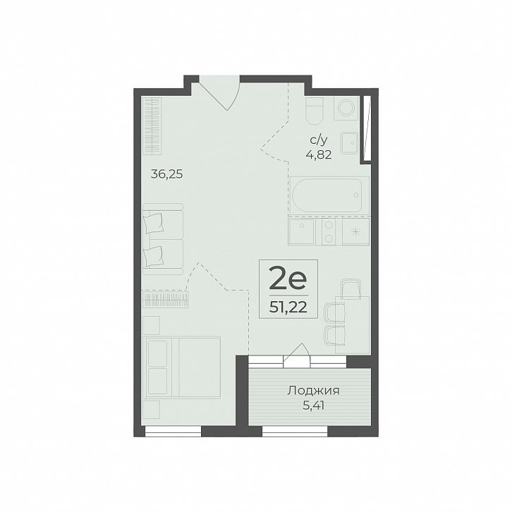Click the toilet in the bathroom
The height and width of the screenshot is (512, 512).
(x=315, y=111)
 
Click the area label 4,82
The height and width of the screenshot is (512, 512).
(x=319, y=154)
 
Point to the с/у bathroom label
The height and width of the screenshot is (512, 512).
(x=319, y=140)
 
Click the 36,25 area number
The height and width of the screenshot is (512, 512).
(x=166, y=174)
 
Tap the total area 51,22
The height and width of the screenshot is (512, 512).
(x=288, y=307)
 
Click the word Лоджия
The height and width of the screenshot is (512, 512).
(x=313, y=391)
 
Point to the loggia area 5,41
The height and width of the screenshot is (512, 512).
(x=313, y=406)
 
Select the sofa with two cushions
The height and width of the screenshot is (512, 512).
(x=163, y=239)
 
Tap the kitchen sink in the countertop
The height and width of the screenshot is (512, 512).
(x=302, y=231)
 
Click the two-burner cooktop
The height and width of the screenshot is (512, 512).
(x=329, y=231)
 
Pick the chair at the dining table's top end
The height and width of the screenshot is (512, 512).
(x=351, y=288)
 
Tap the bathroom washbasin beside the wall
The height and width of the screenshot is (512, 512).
(x=349, y=142)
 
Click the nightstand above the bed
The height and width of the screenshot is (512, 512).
(x=151, y=325)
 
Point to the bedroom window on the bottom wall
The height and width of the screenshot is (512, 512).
(x=173, y=431)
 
